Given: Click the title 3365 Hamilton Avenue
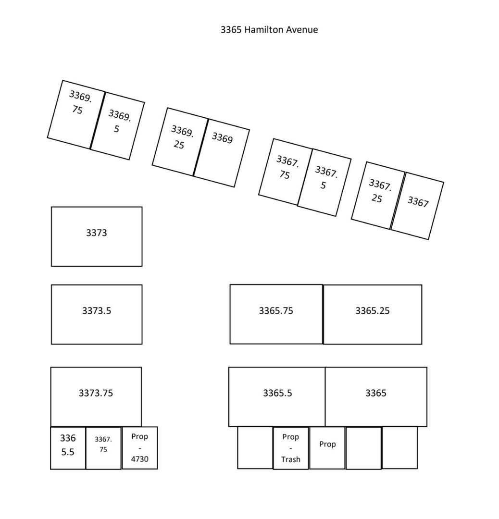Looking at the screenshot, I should click(x=269, y=29).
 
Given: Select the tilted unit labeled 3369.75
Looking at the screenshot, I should click(x=76, y=114).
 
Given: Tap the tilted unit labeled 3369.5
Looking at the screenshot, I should click(x=117, y=126).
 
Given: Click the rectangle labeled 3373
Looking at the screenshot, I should click(x=97, y=236).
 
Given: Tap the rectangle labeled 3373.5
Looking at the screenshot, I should click(x=97, y=314).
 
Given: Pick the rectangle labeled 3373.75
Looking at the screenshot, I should click(x=96, y=396).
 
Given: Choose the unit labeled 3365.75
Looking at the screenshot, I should click(x=276, y=314).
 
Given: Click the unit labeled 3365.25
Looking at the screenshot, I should click(x=373, y=314).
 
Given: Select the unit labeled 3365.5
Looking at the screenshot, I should click(x=277, y=396).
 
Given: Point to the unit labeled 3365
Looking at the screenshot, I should click(x=376, y=396).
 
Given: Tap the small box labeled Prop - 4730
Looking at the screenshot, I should click(x=139, y=448).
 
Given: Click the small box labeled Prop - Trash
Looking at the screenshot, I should click(x=291, y=448).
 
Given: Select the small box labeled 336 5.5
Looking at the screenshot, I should click(x=68, y=448).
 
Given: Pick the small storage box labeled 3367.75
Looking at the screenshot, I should click(x=103, y=448).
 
